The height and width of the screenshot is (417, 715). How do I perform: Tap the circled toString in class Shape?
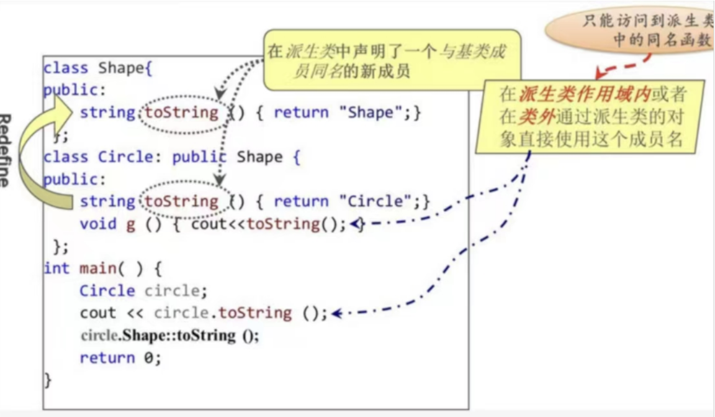[x=182, y=112]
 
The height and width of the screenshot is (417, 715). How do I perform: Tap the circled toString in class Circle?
[x=182, y=201]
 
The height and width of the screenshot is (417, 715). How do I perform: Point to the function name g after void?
[x=130, y=224]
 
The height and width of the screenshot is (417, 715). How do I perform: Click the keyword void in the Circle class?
[x=98, y=224]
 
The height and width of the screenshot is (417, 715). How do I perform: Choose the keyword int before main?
[x=56, y=268]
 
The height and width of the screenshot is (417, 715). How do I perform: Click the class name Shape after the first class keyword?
[x=121, y=68]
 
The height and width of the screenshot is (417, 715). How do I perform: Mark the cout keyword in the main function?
[x=98, y=313]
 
